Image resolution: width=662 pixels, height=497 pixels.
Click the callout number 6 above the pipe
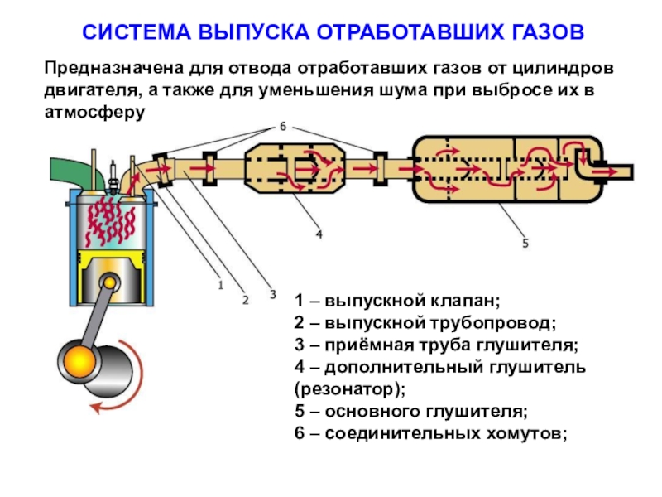pyautogui.click(x=282, y=127)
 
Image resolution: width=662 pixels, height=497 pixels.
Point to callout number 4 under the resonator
pyautogui.click(x=319, y=234)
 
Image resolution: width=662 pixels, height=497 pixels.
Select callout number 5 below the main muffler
pyautogui.click(x=525, y=243)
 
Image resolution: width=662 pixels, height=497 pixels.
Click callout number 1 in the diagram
pyautogui.click(x=221, y=285)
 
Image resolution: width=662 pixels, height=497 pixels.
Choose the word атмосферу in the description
pyautogui.click(x=93, y=110)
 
